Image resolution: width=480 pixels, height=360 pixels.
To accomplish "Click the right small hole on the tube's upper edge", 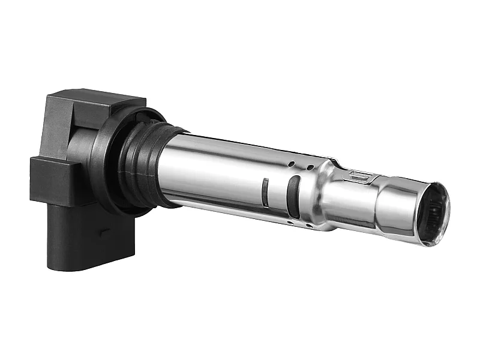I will [x=310, y=167].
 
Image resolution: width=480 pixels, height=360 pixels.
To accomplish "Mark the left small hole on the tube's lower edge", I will [x=290, y=223].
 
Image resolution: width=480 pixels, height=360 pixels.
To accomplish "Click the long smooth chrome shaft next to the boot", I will [x=216, y=174].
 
